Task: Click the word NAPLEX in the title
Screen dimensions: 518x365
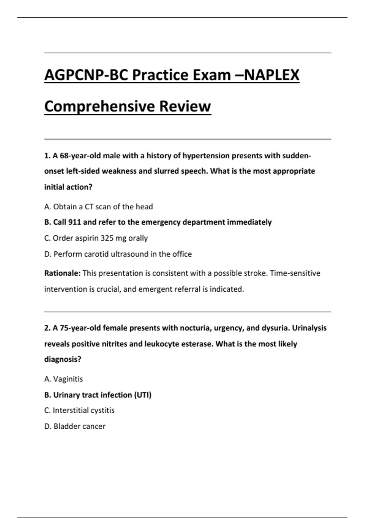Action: tap(272, 75)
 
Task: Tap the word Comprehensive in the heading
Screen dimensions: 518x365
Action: tap(99, 106)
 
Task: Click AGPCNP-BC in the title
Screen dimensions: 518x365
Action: tap(86, 75)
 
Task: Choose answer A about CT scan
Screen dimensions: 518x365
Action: tap(98, 207)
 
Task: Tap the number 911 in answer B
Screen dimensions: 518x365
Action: tap(74, 222)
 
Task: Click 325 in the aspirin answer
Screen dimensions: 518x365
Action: tap(107, 238)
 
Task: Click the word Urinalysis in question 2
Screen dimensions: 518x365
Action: tap(309, 328)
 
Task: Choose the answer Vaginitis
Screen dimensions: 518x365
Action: tap(64, 379)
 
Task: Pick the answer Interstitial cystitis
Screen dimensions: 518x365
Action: tap(79, 410)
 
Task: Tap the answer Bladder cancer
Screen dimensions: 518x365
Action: tap(75, 426)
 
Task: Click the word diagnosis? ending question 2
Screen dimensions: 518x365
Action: tap(63, 359)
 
